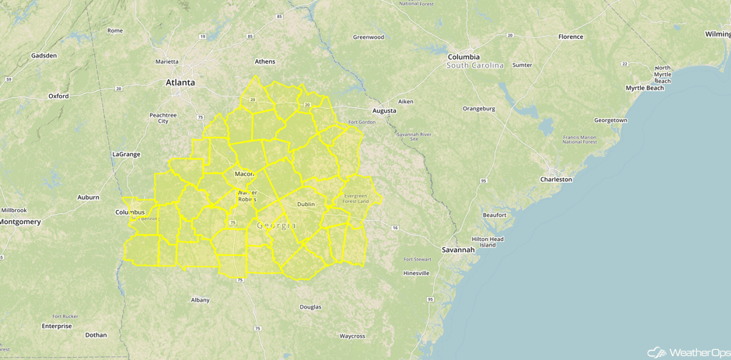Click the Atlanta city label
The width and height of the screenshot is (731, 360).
click(180, 82)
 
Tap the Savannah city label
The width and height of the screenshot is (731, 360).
click(458, 250)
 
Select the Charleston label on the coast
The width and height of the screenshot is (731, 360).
click(556, 180)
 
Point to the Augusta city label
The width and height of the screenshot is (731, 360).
click(384, 110)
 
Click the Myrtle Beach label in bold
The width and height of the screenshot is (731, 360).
click(645, 88)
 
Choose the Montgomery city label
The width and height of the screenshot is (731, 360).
click(20, 222)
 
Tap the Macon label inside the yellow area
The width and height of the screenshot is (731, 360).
click(244, 173)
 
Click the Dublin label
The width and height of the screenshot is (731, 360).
click(306, 204)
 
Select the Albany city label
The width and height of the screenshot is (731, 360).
click(200, 299)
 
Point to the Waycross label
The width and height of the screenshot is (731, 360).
click(352, 336)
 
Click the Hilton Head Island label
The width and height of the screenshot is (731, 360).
click(488, 242)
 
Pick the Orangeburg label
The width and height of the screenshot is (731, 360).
click(479, 109)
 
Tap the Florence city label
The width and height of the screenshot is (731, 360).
click(571, 37)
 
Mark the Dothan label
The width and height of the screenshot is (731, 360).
click(96, 335)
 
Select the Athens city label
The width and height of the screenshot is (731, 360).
click(265, 61)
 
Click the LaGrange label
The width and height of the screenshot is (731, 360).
click(126, 154)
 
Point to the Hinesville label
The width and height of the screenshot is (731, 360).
click(416, 274)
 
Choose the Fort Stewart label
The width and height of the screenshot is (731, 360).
click(417, 259)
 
